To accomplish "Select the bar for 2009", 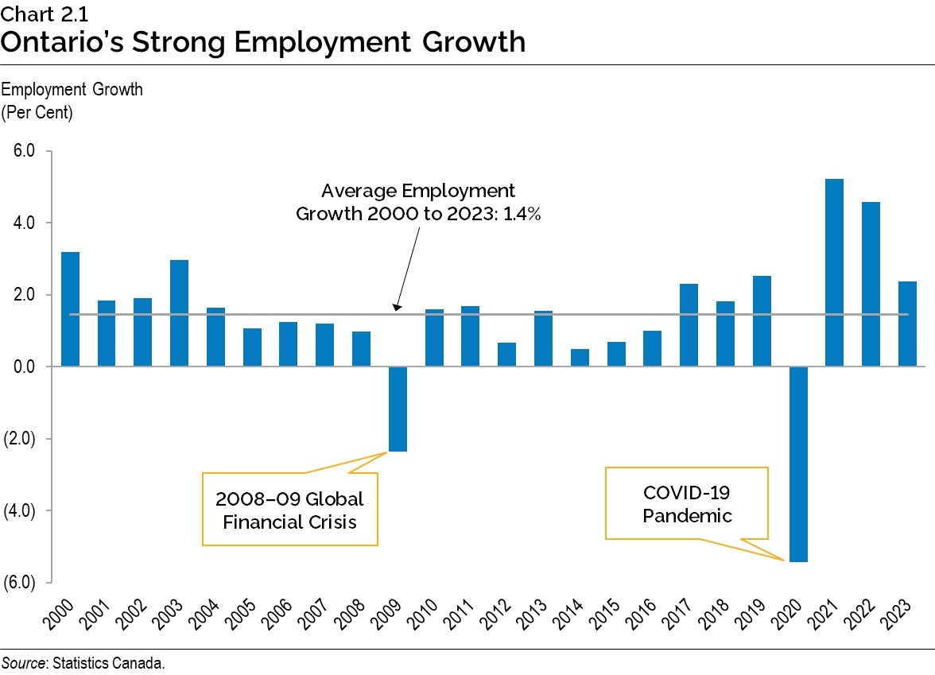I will [x=398, y=409].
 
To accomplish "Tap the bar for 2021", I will [x=834, y=273].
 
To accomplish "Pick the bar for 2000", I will [x=70, y=309].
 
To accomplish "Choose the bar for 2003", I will [x=179, y=313].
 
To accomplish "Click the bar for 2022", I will [x=871, y=284].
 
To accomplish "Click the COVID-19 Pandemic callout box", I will [x=687, y=503].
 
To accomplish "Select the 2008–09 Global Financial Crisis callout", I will [x=289, y=510].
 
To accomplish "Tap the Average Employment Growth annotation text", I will [x=418, y=203].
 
